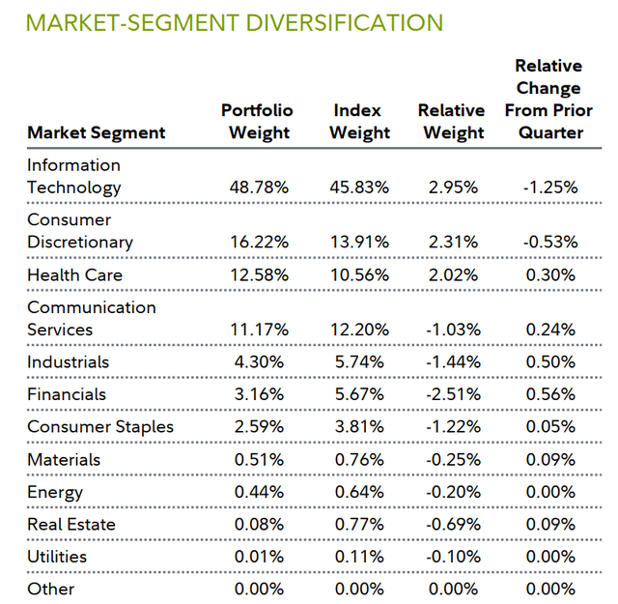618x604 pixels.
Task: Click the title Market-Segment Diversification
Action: (236, 22)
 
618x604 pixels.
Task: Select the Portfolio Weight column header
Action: (257, 121)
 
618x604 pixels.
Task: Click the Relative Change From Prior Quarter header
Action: (548, 99)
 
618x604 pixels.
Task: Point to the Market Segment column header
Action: (97, 132)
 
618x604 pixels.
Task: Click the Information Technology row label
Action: (74, 176)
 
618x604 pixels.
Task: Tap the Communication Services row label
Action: (91, 318)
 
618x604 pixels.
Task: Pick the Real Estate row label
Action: (71, 525)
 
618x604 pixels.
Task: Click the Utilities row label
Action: (57, 557)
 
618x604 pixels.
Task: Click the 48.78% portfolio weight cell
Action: (257, 187)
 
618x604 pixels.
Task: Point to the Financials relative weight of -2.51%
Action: (453, 394)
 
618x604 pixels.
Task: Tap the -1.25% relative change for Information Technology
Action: (550, 187)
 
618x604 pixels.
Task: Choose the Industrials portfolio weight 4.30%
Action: (257, 362)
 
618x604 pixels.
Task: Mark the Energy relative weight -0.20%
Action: (453, 492)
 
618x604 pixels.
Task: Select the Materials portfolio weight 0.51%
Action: (259, 460)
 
